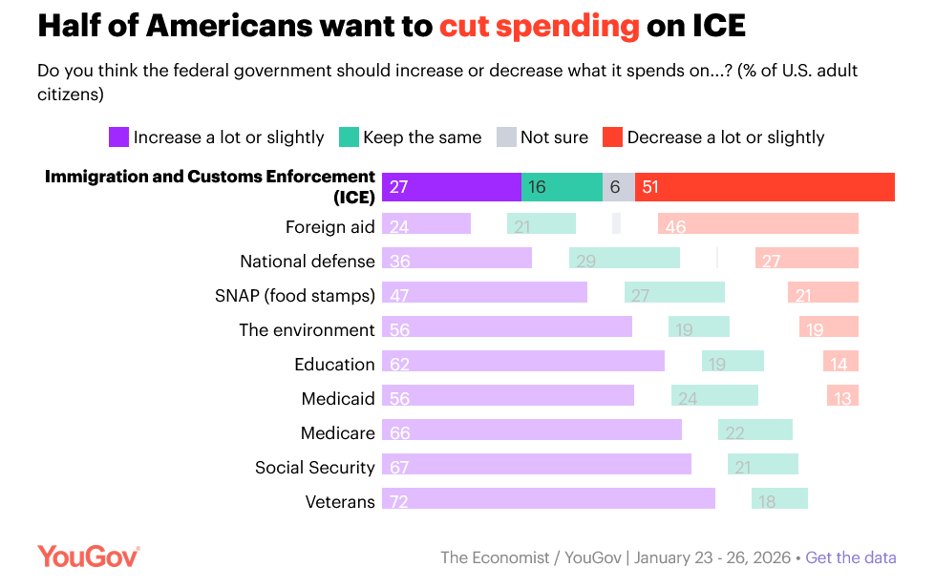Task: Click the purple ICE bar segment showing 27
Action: (x=451, y=187)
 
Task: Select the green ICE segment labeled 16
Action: (x=562, y=187)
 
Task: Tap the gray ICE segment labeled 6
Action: (x=619, y=187)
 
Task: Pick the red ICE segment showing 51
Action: (x=764, y=187)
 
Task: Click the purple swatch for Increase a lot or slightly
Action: (x=118, y=137)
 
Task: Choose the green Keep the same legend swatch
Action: (x=349, y=137)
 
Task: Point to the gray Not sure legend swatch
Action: (x=506, y=137)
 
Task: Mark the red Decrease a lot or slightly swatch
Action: (x=612, y=137)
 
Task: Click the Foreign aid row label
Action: (x=329, y=227)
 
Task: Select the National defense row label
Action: (x=307, y=262)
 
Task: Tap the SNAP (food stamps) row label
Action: (x=294, y=296)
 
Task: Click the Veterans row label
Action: (x=340, y=502)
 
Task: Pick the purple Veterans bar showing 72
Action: (x=548, y=499)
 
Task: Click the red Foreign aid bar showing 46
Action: (x=757, y=224)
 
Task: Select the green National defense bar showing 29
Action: (x=624, y=259)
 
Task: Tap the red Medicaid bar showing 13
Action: (x=842, y=396)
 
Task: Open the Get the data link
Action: (x=851, y=557)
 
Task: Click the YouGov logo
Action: (x=89, y=556)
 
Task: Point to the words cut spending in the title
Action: (x=539, y=26)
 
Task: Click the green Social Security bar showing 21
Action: (x=762, y=465)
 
